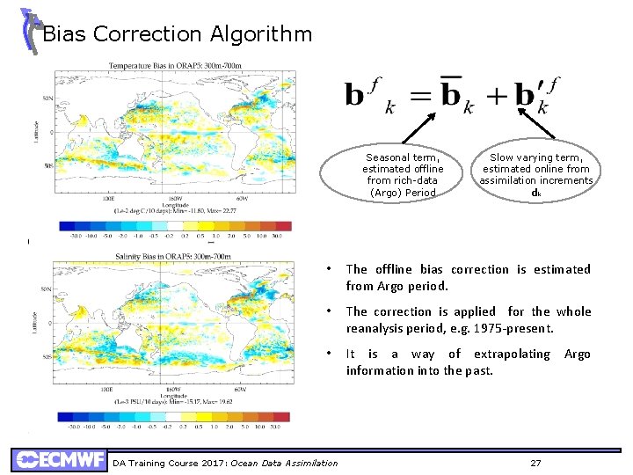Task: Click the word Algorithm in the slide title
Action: pos(261,34)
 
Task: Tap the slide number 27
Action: pos(536,463)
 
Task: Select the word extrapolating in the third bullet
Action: pos(512,354)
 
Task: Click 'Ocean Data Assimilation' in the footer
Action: pos(285,463)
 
